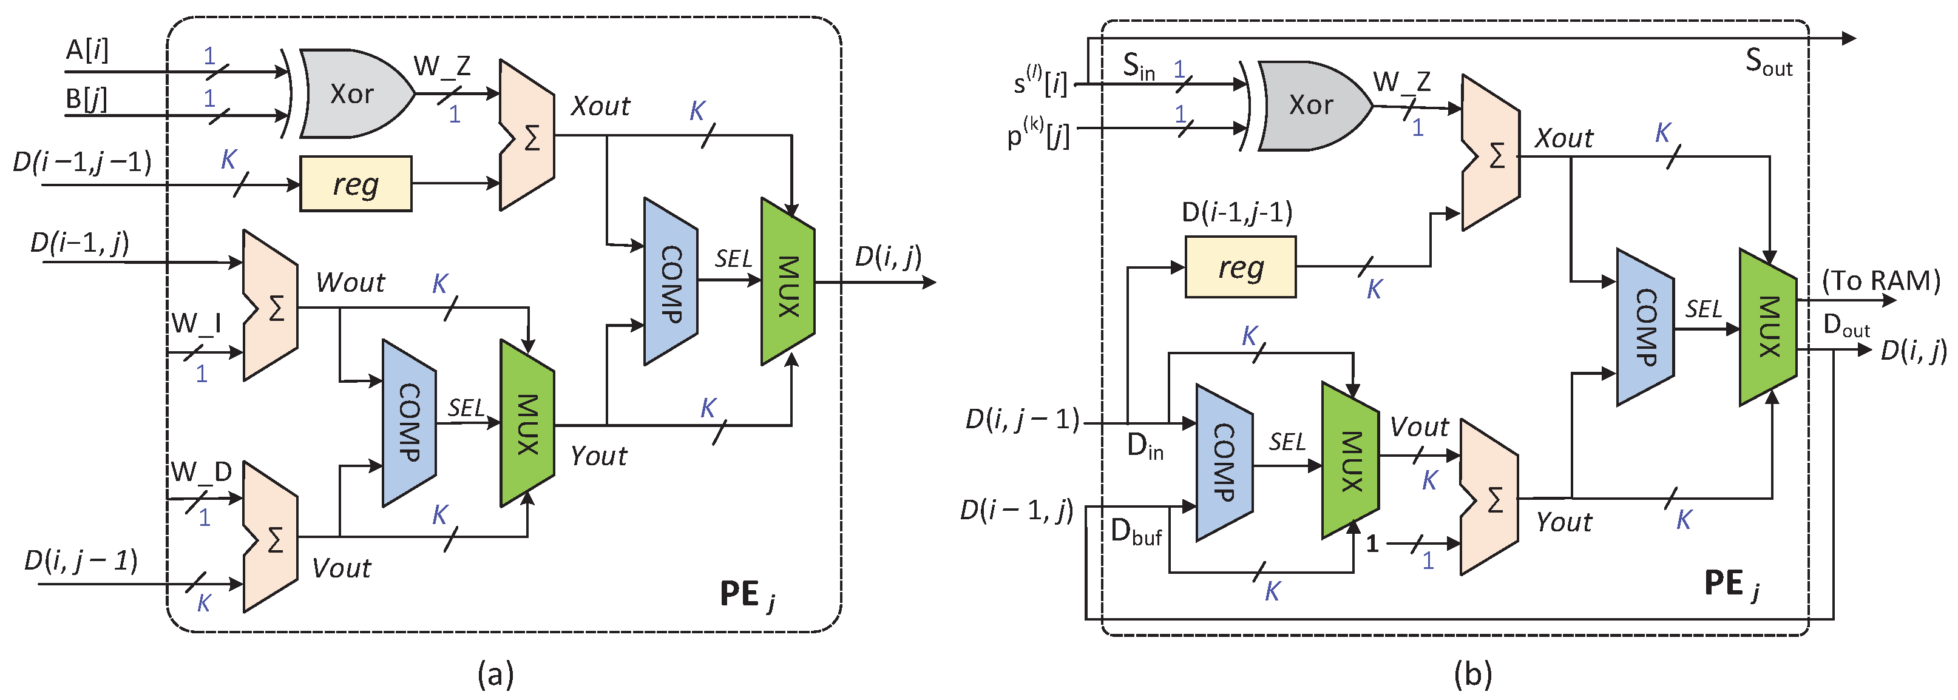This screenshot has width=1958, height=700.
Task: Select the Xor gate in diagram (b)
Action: pyautogui.click(x=1311, y=105)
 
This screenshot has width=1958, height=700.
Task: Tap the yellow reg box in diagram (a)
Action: pyautogui.click(x=356, y=184)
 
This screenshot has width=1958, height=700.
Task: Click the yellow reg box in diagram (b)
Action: pyautogui.click(x=1241, y=267)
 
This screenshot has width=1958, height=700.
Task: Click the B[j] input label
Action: pyautogui.click(x=86, y=98)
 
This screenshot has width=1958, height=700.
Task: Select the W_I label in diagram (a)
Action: pyautogui.click(x=196, y=323)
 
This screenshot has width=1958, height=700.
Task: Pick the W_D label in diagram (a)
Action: pyautogui.click(x=201, y=472)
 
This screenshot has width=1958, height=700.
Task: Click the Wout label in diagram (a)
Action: pyautogui.click(x=350, y=283)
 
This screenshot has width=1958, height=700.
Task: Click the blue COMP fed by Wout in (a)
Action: pyautogui.click(x=409, y=423)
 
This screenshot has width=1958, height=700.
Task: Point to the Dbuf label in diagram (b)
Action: pyautogui.click(x=1136, y=532)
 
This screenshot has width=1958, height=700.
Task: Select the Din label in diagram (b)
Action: pyautogui.click(x=1145, y=446)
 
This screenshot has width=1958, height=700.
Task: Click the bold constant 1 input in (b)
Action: pyautogui.click(x=1372, y=544)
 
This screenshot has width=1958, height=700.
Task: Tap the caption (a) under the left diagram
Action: pyautogui.click(x=496, y=673)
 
